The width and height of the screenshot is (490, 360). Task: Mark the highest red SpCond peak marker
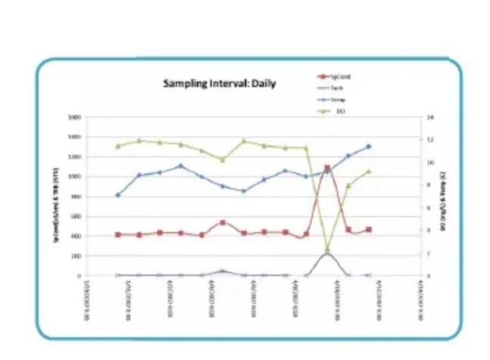327,168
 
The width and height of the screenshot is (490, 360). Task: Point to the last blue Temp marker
369,146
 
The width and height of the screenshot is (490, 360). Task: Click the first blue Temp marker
118,195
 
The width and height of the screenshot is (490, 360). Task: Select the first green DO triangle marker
118,146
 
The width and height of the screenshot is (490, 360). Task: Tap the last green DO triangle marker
369,171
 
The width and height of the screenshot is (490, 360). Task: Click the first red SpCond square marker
118,235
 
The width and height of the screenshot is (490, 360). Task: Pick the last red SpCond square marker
369,229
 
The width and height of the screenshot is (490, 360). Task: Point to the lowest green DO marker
327,249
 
